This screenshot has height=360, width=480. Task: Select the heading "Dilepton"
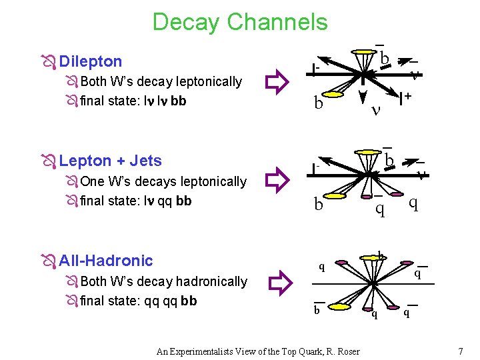click(x=91, y=61)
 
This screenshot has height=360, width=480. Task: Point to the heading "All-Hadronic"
click(x=106, y=261)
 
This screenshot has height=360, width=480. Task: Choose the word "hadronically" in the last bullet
click(x=211, y=281)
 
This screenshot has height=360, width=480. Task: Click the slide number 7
click(x=460, y=351)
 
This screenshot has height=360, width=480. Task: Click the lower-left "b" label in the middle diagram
click(x=319, y=204)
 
